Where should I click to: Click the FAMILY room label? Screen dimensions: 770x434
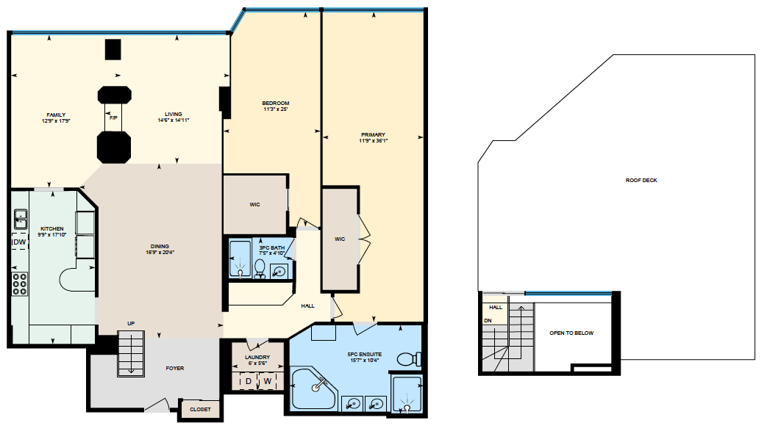tap(56, 115)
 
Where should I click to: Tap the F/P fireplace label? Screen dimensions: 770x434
tap(113, 117)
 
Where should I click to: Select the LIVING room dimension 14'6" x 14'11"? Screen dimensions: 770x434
tap(174, 120)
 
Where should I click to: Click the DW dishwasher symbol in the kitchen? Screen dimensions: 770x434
tap(19, 242)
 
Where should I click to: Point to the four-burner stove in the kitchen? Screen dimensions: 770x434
tap(20, 284)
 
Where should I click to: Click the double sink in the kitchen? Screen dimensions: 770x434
tap(21, 219)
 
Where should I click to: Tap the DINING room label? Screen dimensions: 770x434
tap(160, 246)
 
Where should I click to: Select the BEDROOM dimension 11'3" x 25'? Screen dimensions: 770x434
tap(276, 109)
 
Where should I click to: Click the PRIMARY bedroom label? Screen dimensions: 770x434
tap(373, 135)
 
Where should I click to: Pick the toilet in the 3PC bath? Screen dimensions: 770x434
tap(260, 269)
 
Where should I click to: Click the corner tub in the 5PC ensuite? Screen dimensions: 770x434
tap(313, 388)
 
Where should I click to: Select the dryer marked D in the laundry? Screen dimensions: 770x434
tap(249, 382)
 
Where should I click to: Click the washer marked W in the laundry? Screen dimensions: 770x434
tap(268, 382)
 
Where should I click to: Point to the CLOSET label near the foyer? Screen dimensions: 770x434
tap(200, 410)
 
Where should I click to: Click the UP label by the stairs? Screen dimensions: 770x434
tap(131, 324)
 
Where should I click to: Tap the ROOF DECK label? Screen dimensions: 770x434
tap(641, 181)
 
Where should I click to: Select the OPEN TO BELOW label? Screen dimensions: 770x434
tap(571, 333)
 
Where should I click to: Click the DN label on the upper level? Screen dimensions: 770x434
tap(488, 321)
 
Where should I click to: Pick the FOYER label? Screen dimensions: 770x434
tap(175, 369)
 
